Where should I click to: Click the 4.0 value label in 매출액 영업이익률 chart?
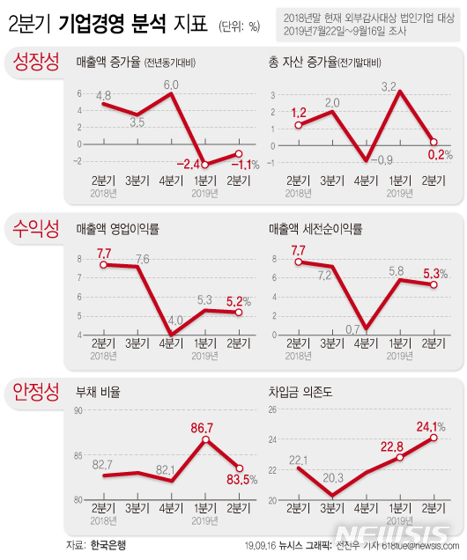pyautogui.click(x=174, y=320)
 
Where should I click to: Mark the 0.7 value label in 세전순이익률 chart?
pyautogui.click(x=356, y=328)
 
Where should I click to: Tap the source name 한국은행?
pyautogui.click(x=107, y=546)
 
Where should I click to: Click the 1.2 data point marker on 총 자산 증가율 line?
pyautogui.click(x=299, y=125)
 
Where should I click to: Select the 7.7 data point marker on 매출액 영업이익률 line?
pyautogui.click(x=103, y=264)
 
